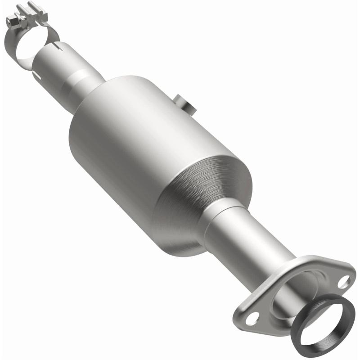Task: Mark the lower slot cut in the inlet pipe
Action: coord(36,72)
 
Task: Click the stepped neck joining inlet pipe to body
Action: coord(83,81)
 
